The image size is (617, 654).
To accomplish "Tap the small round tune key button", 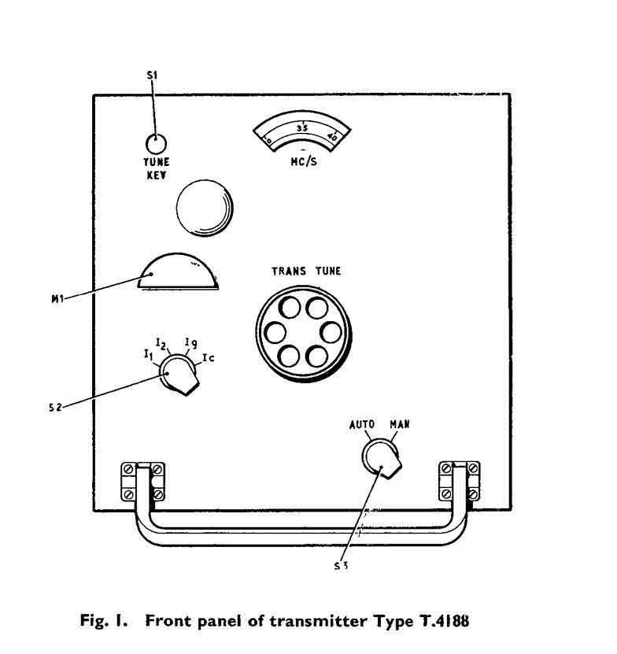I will point(156,143).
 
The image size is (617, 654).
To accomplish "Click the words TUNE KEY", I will point(156,169).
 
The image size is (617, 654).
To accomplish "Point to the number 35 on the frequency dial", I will point(301,127).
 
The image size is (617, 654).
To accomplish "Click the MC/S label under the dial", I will point(303,157).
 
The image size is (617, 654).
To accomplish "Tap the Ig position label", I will point(190,342).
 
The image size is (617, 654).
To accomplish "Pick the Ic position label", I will point(208,359).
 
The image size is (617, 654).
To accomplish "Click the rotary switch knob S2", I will point(180,375).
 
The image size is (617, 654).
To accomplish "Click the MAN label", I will point(400,423).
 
